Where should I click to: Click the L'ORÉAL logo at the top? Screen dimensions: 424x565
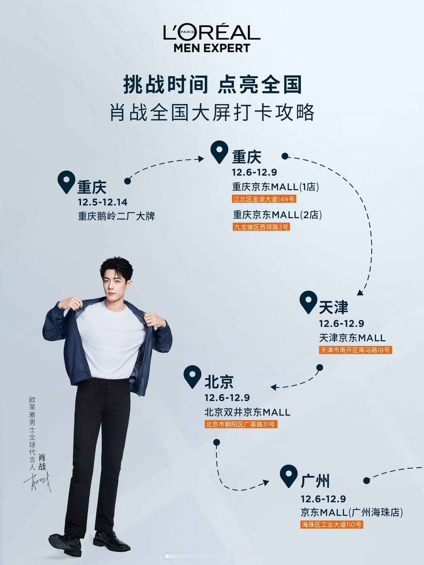coord(212,32)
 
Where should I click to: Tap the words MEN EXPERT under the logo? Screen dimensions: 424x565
coord(212,48)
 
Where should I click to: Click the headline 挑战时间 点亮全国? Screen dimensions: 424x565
coord(212,84)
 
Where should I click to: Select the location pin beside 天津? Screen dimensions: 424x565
coord(308,302)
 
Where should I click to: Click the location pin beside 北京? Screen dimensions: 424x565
coord(192,376)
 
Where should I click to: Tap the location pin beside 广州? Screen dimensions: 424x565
coord(289,476)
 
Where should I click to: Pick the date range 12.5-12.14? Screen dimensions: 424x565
coord(103,202)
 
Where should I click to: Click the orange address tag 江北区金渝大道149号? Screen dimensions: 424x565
coord(264,199)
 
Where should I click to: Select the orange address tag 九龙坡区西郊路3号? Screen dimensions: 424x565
coord(261,227)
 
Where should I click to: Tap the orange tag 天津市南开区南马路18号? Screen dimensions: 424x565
coord(355,350)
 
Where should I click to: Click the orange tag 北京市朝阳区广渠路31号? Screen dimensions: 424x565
coord(240,424)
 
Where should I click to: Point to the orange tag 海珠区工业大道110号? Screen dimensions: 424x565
coord(332,525)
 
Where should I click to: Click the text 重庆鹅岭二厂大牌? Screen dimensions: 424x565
coord(116,216)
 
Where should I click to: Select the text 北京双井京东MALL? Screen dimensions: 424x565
coord(247,412)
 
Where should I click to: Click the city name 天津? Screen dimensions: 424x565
coord(333,307)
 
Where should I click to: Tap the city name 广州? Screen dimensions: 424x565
coord(315,481)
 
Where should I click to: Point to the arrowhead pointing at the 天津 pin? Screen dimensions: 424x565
coord(360,293)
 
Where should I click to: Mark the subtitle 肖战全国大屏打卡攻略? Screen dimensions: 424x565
coord(212,113)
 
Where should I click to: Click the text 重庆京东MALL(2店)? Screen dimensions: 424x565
coord(277,215)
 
